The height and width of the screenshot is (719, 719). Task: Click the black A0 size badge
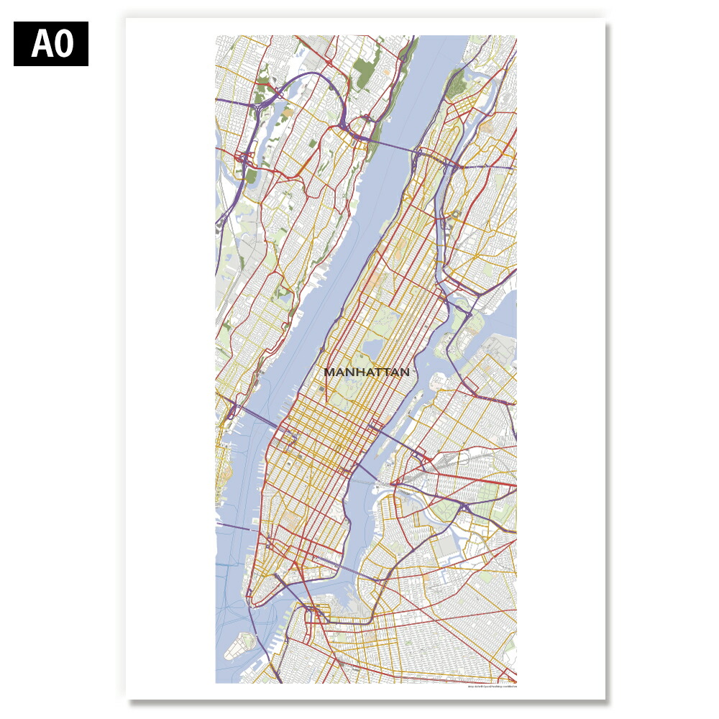51,44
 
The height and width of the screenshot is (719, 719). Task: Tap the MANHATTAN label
366,372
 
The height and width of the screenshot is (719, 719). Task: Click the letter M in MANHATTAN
329,372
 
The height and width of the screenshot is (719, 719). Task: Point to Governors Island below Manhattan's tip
242,646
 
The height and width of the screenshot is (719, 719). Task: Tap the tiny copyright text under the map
492,687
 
